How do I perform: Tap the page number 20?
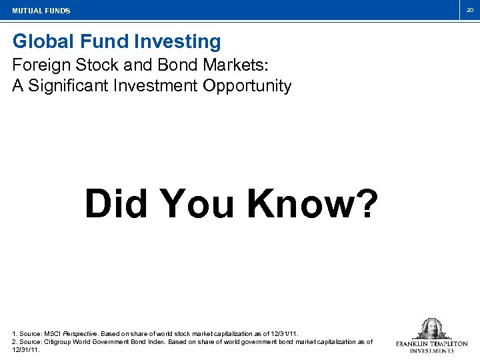[x=469, y=10]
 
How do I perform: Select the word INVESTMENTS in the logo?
[x=431, y=351]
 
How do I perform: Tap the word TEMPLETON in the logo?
[x=449, y=344]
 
